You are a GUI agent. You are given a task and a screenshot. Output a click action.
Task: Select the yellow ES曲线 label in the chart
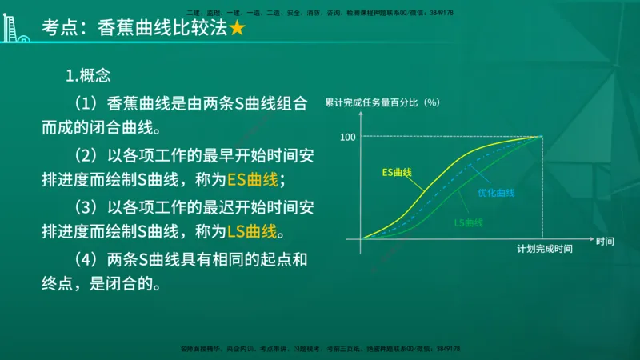(x=396, y=172)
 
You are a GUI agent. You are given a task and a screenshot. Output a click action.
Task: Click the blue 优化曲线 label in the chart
(x=496, y=193)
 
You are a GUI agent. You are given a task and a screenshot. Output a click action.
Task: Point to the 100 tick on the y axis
(x=346, y=137)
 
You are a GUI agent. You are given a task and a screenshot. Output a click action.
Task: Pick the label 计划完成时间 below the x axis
(x=544, y=250)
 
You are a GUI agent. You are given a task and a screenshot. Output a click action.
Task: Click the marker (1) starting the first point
(x=85, y=103)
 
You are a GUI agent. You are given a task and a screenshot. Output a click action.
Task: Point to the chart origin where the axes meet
(x=362, y=239)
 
